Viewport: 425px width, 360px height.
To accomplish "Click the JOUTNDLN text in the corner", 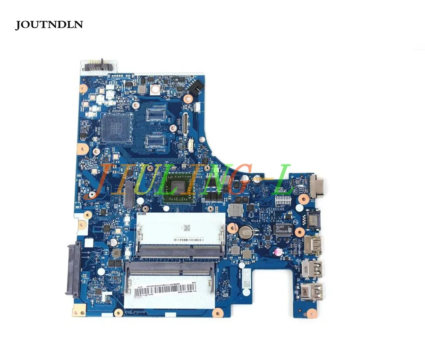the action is pyautogui.click(x=49, y=25).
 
